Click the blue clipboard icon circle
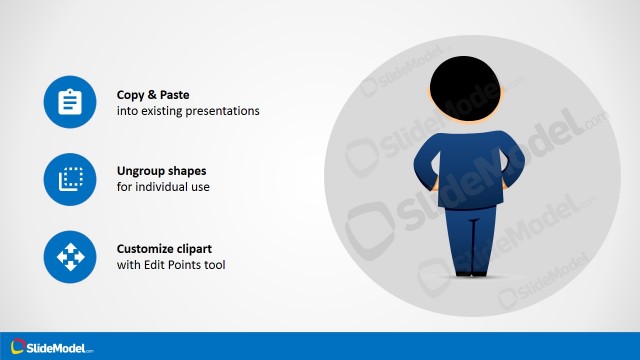(69, 103)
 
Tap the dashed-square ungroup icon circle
(69, 180)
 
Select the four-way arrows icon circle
(69, 257)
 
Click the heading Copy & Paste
(153, 95)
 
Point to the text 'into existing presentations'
(188, 111)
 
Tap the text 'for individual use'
(163, 187)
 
